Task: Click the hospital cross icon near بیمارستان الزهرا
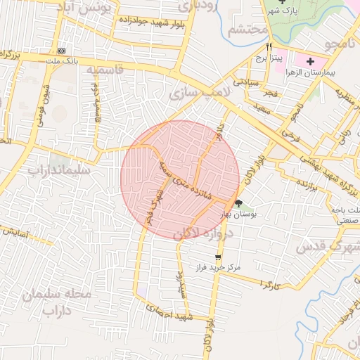coord(310,62)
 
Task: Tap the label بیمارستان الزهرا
coord(318,73)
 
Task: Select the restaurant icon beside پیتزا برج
coord(269,46)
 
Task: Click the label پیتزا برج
coord(267,57)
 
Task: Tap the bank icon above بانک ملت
coord(62,51)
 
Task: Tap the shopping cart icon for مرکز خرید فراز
coord(219,257)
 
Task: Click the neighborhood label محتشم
coord(248,30)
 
